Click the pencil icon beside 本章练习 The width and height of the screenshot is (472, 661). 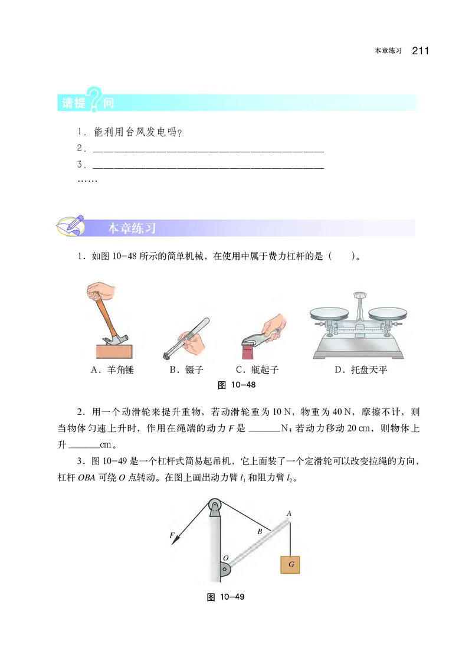[x=71, y=227]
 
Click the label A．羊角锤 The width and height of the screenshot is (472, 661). [x=113, y=370]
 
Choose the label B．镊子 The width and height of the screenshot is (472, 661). [x=186, y=370]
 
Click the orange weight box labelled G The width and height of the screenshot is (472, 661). [x=290, y=564]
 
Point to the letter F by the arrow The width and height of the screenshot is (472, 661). [x=172, y=535]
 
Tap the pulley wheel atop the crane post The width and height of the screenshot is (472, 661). [x=214, y=507]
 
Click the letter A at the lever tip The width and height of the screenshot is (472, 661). [x=289, y=513]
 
